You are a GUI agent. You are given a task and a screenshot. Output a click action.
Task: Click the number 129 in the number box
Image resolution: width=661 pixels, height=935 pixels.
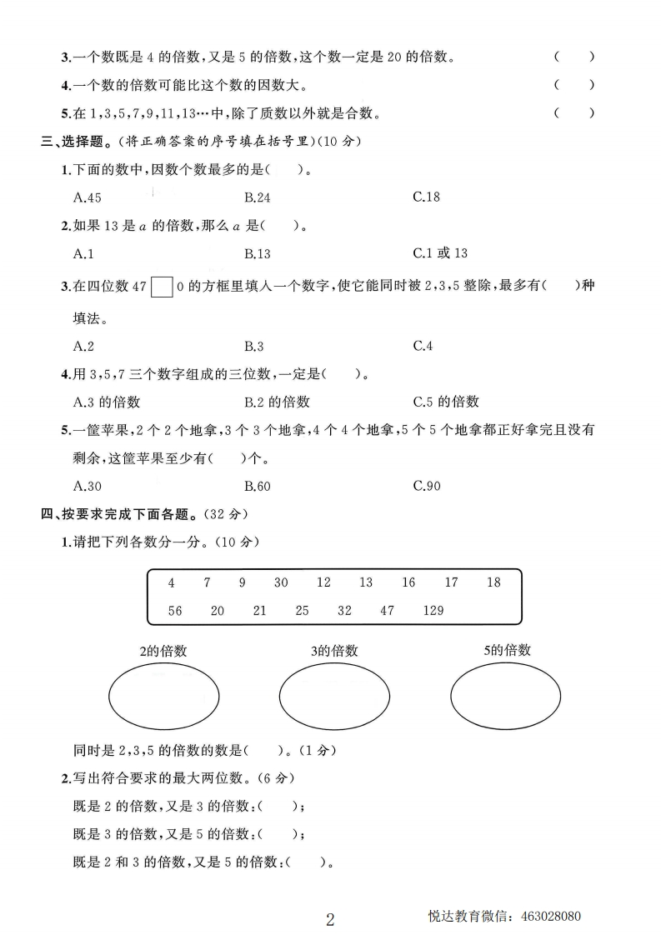[433, 611]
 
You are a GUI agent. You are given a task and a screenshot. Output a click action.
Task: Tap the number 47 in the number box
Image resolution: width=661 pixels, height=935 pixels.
[387, 611]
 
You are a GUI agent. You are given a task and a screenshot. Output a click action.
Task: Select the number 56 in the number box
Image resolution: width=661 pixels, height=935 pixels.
[175, 611]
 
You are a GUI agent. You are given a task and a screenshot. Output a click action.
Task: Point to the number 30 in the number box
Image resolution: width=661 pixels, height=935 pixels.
[281, 582]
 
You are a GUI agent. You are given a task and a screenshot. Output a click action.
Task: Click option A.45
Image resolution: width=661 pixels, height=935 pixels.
[88, 197]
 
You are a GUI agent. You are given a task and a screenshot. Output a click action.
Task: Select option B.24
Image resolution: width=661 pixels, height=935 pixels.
[258, 197]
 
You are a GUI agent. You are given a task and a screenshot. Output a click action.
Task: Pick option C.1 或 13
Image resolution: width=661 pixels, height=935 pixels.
[440, 253]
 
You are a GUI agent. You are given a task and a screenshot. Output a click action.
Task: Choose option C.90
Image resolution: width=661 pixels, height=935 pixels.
[427, 486]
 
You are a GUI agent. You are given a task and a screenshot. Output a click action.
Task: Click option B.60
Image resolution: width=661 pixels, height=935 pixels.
[258, 486]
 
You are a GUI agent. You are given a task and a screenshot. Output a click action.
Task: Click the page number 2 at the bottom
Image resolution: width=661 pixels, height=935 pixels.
[330, 919]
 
